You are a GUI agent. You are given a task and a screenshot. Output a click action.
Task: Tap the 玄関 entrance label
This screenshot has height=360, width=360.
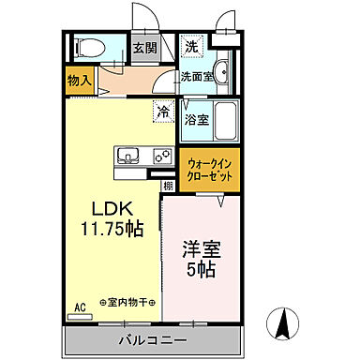click(x=143, y=48)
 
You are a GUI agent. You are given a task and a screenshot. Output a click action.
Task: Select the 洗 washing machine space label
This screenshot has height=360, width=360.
click(x=191, y=45)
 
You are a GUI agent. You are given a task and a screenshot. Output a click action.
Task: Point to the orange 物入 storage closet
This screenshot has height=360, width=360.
click(x=80, y=82)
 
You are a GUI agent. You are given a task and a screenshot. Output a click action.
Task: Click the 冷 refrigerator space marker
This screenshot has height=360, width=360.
click(x=163, y=111)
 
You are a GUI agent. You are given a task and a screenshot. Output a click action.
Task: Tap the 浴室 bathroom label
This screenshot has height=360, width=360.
click(x=195, y=120)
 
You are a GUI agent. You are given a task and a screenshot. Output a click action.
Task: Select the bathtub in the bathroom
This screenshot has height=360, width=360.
click(x=226, y=120)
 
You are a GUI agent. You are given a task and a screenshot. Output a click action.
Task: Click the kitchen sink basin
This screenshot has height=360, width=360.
click(x=128, y=155)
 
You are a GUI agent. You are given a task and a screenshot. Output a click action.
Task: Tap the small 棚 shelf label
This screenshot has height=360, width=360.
click(x=167, y=186)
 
